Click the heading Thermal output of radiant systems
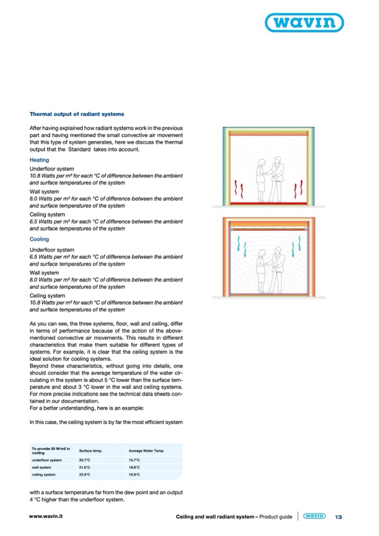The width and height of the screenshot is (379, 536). pos(77,114)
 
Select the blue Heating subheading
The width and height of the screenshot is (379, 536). pos(39,160)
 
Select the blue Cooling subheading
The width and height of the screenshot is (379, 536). pos(39,239)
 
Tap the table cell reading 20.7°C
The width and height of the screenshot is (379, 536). pos(85,459)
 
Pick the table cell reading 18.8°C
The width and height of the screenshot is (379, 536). pos(134,467)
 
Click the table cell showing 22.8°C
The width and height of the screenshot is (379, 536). pos(85,474)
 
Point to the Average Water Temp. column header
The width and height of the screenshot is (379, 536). pos(146,450)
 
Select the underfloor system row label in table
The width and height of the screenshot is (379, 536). pos(50,459)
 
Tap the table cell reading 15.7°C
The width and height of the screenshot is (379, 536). pos(134,459)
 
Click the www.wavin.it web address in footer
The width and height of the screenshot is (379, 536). pos(46,517)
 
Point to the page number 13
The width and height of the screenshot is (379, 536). pos(338,517)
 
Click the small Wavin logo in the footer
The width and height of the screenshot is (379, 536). pos(315,516)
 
